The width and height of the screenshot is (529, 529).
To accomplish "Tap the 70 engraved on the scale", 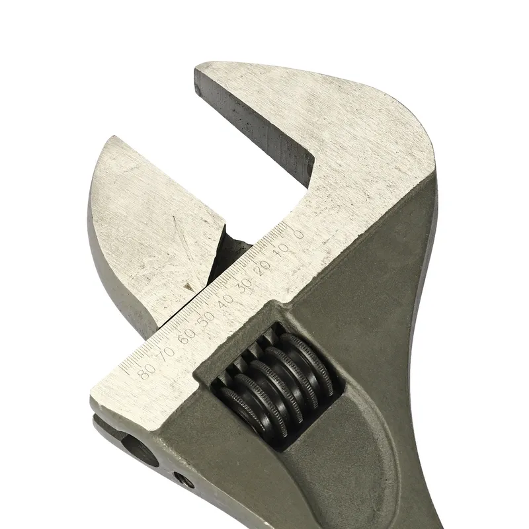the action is (x=167, y=352).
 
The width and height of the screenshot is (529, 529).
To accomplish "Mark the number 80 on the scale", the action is (x=147, y=370).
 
